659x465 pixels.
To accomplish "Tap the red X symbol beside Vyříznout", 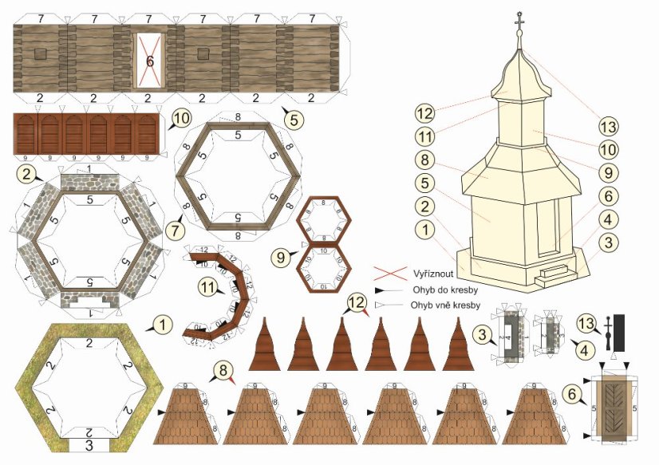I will point(387,272).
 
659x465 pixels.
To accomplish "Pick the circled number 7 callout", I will point(181,232).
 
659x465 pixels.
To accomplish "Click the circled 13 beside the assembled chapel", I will point(609,127).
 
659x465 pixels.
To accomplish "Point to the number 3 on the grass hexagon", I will point(89,443).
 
